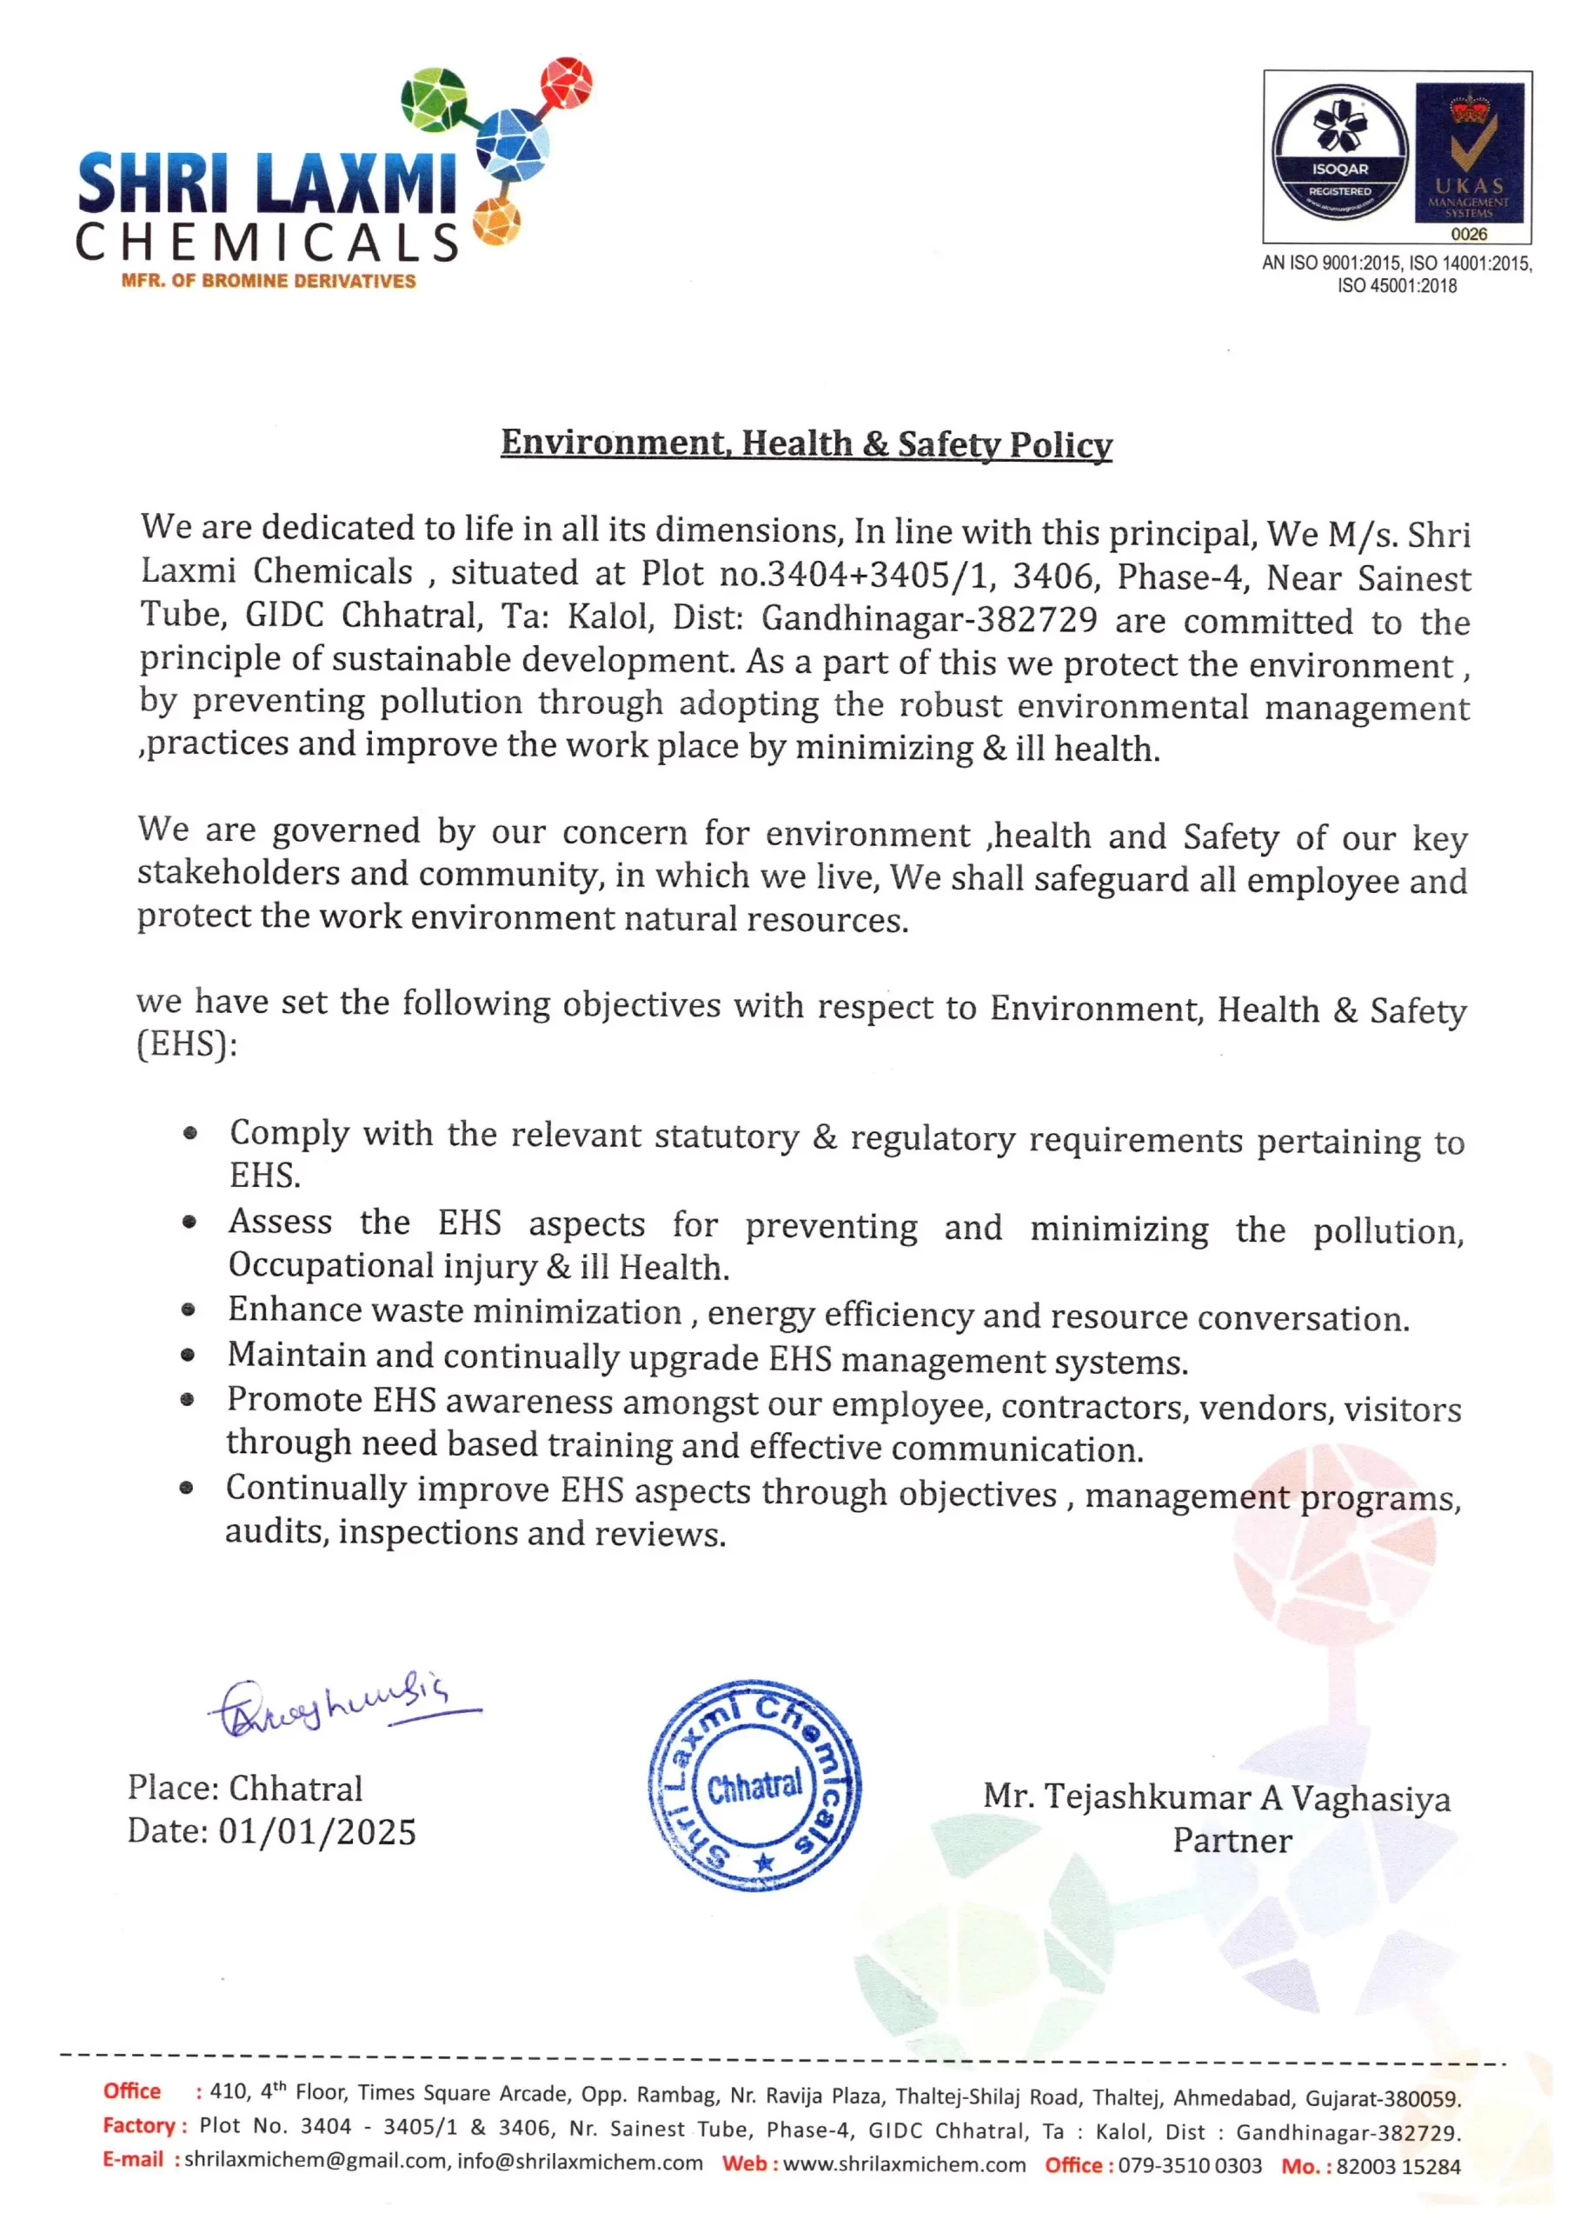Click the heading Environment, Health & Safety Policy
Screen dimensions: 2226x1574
(806, 443)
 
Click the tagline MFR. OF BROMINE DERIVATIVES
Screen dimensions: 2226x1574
(269, 281)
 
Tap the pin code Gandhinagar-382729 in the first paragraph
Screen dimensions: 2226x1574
(929, 617)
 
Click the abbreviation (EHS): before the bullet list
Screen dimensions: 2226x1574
(187, 1044)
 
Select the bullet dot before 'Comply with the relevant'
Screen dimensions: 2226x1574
(191, 1132)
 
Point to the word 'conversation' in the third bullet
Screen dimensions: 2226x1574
(1303, 1318)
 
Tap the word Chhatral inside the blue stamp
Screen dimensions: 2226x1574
(755, 1786)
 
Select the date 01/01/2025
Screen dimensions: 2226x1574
(317, 1831)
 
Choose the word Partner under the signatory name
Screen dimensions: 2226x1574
(1232, 1840)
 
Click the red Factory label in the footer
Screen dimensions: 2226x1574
(143, 2126)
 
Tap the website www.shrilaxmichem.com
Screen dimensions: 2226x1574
(903, 2164)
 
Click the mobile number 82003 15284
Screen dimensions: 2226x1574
(1398, 2167)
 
